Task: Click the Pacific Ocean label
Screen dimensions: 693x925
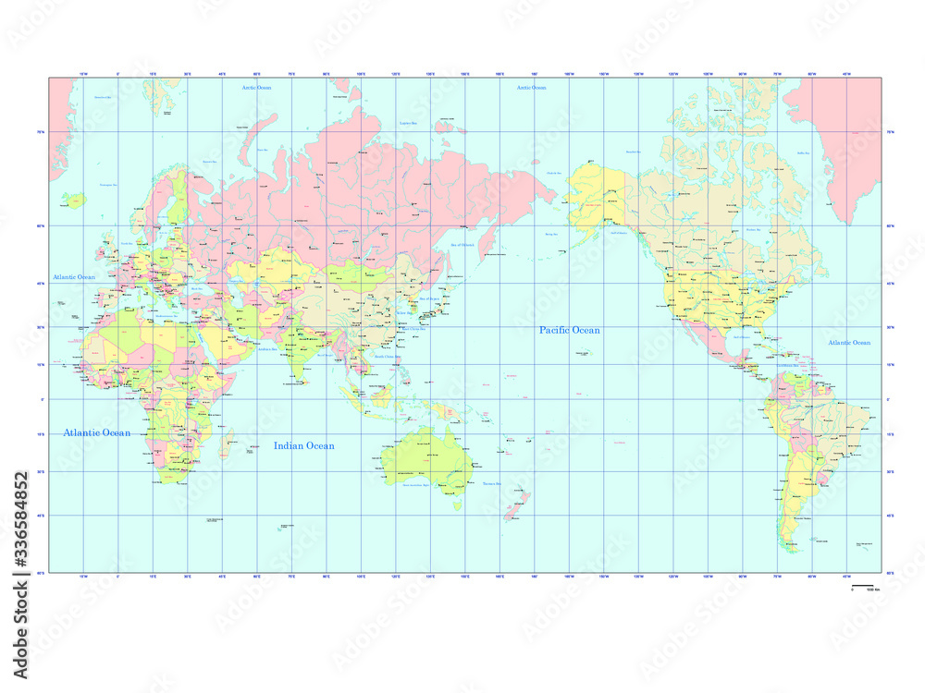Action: tap(570, 330)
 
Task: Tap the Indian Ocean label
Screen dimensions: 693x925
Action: tap(303, 446)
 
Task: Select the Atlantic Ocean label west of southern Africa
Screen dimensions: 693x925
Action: tap(96, 432)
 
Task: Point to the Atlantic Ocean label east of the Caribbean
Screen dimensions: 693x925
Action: tap(849, 343)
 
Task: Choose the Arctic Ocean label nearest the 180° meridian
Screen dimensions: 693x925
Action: tap(531, 88)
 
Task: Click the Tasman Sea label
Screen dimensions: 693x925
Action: tap(490, 483)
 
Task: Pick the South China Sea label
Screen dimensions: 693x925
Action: tap(388, 356)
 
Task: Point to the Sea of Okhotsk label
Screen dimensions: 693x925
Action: tap(462, 245)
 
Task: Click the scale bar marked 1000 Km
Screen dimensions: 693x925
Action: tap(861, 588)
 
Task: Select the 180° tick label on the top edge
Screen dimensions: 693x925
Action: tap(535, 73)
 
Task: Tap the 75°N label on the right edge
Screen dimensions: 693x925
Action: tap(890, 132)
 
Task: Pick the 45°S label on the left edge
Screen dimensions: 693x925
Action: tap(41, 516)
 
